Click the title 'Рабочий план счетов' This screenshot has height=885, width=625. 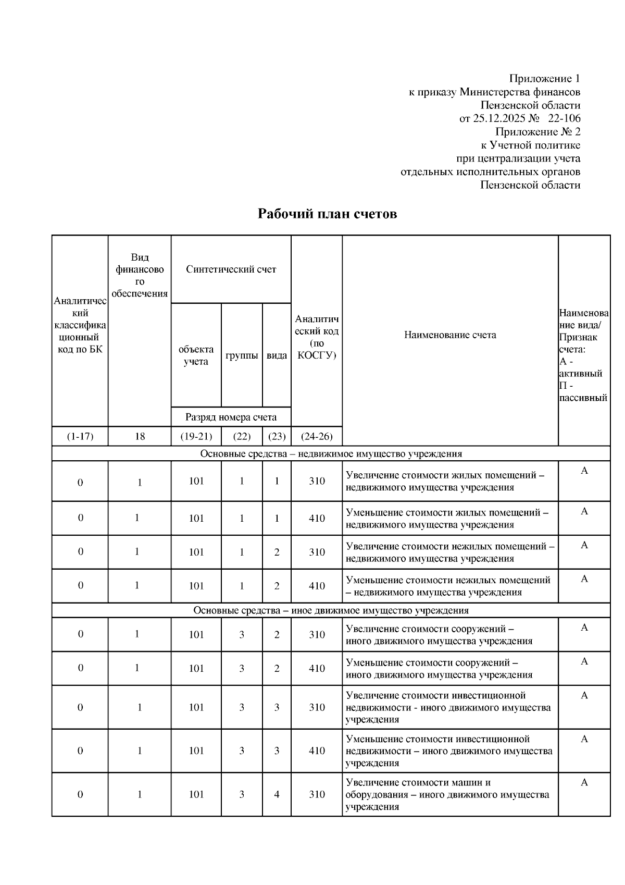(327, 214)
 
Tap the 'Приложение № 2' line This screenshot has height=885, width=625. (537, 132)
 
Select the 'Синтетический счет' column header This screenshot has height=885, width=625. (231, 269)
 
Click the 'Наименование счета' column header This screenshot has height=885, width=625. (450, 335)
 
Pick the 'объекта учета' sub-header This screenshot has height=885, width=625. (196, 355)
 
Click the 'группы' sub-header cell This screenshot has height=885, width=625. (242, 355)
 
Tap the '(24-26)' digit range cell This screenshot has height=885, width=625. (317, 436)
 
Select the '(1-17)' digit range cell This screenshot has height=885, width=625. (80, 436)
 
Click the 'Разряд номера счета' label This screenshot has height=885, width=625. (231, 417)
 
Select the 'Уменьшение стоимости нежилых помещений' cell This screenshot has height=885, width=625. (448, 586)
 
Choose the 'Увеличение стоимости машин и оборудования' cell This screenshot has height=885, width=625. (447, 794)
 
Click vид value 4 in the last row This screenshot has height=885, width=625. (277, 794)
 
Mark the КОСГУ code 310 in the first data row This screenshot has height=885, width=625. (317, 481)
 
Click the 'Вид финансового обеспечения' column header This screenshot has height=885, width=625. (140, 275)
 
